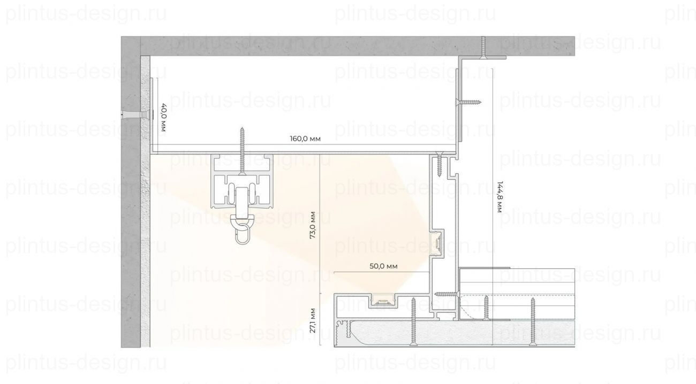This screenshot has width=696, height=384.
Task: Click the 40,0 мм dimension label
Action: click(163, 118)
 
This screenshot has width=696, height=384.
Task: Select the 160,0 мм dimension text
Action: click(305, 139)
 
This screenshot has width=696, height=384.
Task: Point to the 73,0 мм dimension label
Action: click(313, 225)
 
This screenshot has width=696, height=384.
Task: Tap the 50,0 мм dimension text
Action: click(383, 266)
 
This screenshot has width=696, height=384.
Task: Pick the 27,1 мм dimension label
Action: click(313, 320)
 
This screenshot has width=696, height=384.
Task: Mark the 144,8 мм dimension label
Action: click(500, 197)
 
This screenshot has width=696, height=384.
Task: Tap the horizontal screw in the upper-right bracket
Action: click(468, 102)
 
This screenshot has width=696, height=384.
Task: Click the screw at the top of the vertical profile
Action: click(440, 164)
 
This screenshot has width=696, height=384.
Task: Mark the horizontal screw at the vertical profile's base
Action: click(447, 294)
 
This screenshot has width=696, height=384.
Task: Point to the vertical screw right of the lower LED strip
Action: click(413, 321)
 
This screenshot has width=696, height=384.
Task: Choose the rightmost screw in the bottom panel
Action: click(533, 321)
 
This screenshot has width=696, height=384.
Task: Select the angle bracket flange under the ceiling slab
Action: click(482, 58)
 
